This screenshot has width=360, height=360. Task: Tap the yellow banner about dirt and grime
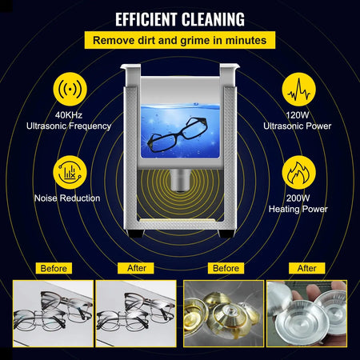180,40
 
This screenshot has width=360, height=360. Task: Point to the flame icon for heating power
300,170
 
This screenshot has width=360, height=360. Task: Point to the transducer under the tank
179,179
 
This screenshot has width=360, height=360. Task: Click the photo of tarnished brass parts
223,316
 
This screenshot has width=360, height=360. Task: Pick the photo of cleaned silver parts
306,316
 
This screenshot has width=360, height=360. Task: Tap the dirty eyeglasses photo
53,316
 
